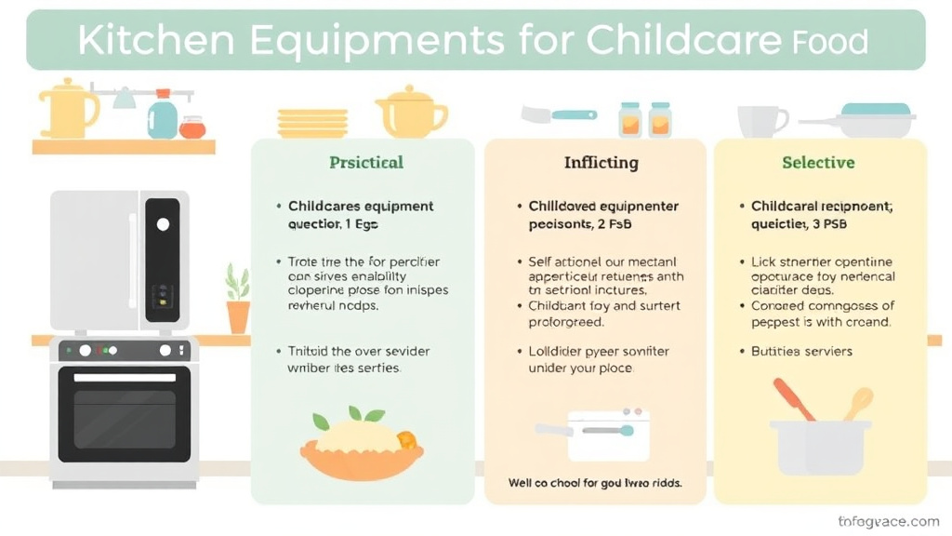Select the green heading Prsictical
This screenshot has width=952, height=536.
tap(366, 163)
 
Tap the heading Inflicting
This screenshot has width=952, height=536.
tap(601, 163)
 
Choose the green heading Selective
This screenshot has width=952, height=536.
tap(818, 163)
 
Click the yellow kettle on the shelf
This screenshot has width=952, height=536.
tap(67, 109)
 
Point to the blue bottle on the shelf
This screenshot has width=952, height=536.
tap(163, 117)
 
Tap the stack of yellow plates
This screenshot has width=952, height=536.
tap(312, 122)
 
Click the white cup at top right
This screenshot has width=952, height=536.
tap(760, 120)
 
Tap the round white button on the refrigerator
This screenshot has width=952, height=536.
tap(164, 224)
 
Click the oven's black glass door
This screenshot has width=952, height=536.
tap(125, 414)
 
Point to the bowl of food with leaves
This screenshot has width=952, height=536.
tap(361, 445)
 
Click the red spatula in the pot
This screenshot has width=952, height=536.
tap(794, 399)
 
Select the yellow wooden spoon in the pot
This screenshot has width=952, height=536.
tap(857, 404)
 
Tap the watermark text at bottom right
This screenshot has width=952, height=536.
tap(888, 522)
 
